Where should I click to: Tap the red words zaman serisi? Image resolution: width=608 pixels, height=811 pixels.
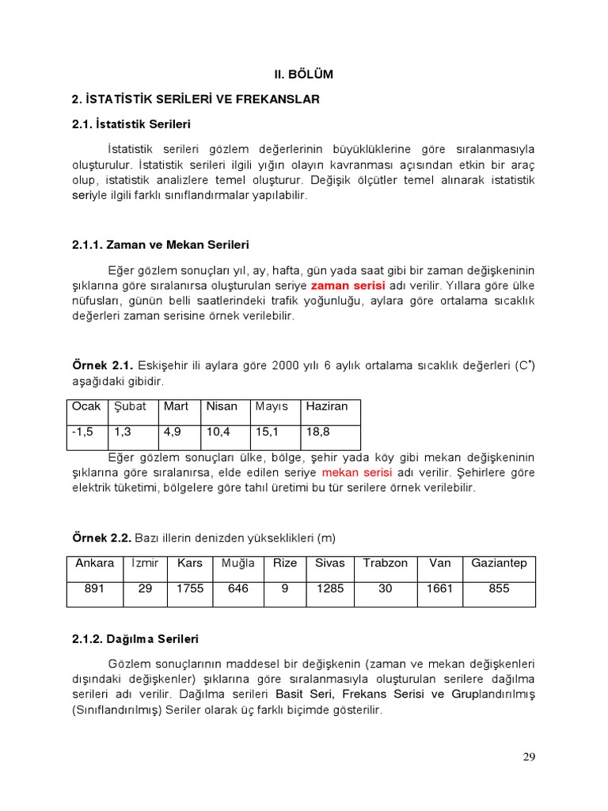tap(348, 285)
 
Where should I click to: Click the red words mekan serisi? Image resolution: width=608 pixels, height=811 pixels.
tap(354, 473)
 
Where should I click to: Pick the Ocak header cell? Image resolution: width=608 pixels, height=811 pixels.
tap(86, 407)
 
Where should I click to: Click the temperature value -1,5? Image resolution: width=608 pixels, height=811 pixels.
tap(83, 432)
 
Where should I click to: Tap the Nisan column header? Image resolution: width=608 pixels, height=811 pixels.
tap(222, 407)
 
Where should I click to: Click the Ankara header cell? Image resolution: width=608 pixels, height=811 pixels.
tap(94, 563)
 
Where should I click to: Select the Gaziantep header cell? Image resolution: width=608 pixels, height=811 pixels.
tap(499, 563)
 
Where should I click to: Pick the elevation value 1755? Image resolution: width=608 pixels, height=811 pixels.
tap(190, 589)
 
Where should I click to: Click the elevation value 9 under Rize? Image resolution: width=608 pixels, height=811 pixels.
tap(285, 589)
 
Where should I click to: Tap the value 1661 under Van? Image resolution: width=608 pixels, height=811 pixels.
tap(439, 589)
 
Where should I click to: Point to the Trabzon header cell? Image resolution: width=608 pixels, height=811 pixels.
tap(386, 563)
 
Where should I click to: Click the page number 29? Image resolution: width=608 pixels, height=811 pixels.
tap(529, 757)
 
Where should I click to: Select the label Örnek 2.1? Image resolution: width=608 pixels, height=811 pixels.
tap(102, 365)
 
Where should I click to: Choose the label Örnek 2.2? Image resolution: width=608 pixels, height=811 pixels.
tap(102, 539)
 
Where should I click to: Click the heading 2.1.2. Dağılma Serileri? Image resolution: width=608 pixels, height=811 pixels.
tap(135, 638)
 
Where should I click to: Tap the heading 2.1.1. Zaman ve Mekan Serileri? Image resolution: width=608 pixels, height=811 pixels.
tap(160, 246)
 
